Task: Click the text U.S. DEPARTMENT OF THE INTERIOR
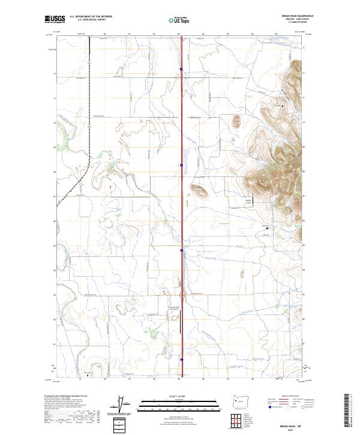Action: pos(91,17)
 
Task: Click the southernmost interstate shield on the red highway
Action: pos(181,360)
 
